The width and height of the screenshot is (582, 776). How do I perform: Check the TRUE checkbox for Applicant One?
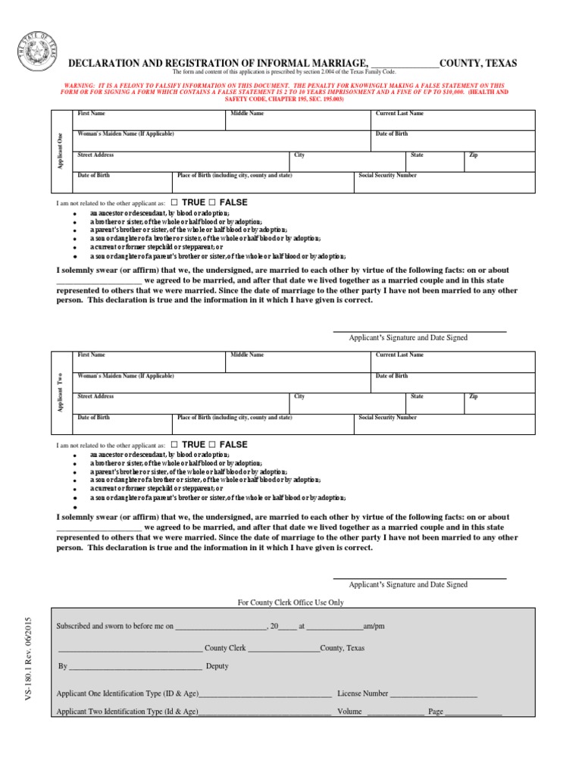[x=174, y=203]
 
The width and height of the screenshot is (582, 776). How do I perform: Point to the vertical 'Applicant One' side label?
[x=61, y=151]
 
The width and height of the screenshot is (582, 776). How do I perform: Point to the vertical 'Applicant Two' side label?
[x=61, y=393]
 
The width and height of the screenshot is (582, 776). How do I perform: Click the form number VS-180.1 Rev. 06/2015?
[x=28, y=667]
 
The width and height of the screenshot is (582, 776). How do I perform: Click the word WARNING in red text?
[x=78, y=86]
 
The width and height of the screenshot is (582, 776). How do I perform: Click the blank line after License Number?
[x=433, y=694]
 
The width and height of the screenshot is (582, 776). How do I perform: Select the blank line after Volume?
[x=395, y=713]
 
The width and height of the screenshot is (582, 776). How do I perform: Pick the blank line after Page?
[x=473, y=713]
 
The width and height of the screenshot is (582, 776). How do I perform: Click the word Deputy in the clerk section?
[x=217, y=666]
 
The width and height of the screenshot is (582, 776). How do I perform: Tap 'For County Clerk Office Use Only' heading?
[x=291, y=602]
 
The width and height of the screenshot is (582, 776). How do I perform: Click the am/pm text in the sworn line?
[x=374, y=627]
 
